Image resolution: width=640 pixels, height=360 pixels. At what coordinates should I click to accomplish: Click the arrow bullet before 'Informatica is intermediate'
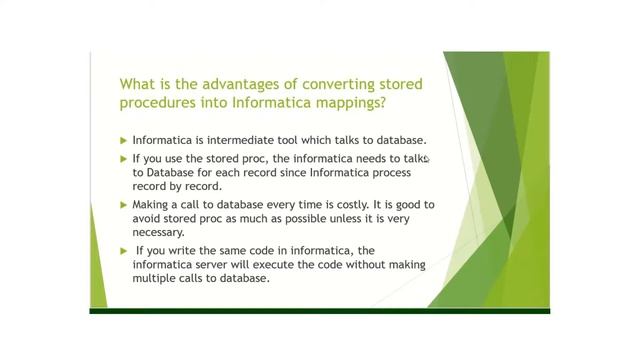tap(123, 140)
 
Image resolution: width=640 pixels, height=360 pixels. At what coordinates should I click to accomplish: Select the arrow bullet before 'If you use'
tap(123, 159)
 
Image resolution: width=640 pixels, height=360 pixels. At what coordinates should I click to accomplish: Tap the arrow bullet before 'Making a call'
tap(123, 204)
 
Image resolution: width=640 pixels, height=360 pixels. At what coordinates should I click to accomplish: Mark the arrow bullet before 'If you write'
tap(123, 249)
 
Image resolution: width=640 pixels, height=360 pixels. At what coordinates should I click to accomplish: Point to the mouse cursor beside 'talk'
tap(428, 158)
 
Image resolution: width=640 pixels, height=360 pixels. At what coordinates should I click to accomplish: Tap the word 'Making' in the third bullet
tap(152, 204)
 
